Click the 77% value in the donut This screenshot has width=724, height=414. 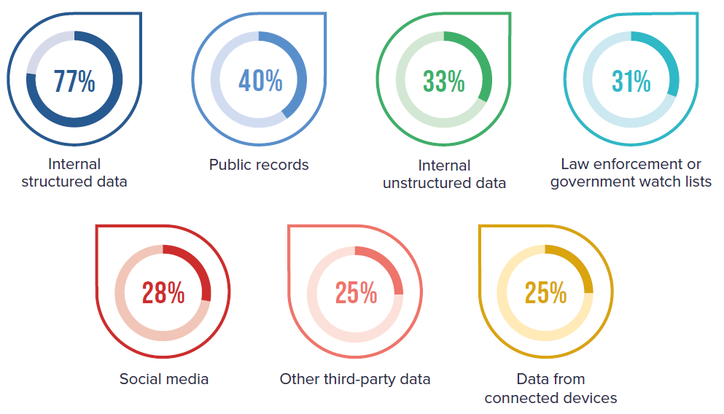[x=74, y=81]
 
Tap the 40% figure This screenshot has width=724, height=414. [x=260, y=81]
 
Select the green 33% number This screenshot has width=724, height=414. [x=444, y=82]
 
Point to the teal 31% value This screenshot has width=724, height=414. [x=631, y=82]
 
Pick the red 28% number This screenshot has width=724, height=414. [x=163, y=293]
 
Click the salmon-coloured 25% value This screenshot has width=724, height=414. [x=356, y=293]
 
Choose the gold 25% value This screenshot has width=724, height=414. [x=545, y=293]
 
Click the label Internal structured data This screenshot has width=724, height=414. [x=74, y=173]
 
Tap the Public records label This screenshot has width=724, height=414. [x=259, y=165]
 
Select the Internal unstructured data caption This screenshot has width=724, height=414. [x=444, y=174]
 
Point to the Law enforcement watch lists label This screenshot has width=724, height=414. [x=631, y=173]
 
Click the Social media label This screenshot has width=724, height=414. [x=164, y=379]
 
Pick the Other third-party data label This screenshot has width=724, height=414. [x=355, y=379]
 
